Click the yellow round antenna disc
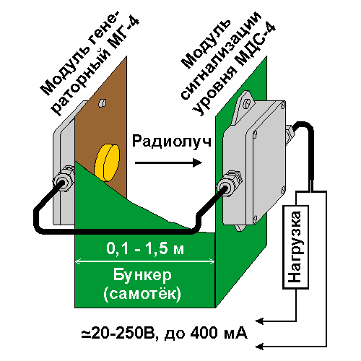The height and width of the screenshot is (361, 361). (107, 162)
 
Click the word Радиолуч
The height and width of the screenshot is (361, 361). (172, 142)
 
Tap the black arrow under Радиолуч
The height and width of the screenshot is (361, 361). (168, 163)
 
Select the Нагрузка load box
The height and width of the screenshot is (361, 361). (295, 247)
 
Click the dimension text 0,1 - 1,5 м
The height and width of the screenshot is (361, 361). (145, 248)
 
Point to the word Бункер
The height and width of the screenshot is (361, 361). (142, 275)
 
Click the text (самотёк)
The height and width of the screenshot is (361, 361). (142, 294)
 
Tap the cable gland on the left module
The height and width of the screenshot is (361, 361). (64, 178)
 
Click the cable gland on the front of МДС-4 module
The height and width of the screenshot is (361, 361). (229, 183)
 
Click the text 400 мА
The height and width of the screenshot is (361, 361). (219, 333)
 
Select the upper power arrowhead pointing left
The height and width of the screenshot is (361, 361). (259, 321)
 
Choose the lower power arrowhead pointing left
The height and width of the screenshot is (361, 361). (259, 347)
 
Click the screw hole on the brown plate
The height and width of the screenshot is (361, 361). (103, 103)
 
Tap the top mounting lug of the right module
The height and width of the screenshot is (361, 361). (243, 106)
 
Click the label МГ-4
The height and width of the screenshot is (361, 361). (122, 35)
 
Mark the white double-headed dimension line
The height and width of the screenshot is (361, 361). (145, 261)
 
